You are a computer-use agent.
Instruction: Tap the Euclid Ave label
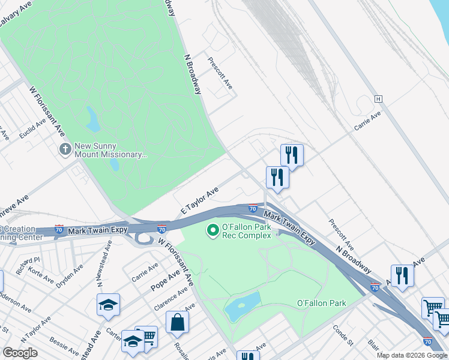32,128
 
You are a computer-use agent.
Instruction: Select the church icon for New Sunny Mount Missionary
65,148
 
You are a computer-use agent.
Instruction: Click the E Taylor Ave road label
199,200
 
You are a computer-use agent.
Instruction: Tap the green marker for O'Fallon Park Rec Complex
212,230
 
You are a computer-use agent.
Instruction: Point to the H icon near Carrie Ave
378,98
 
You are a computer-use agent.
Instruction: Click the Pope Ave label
166,278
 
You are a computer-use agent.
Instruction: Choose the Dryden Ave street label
70,274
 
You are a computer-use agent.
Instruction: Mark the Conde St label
343,335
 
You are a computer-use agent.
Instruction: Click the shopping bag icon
178,322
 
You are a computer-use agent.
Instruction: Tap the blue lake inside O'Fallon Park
242,307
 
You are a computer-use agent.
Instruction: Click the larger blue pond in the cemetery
93,119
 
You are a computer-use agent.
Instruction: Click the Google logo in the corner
20,352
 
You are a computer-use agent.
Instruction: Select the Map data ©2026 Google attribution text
412,355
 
